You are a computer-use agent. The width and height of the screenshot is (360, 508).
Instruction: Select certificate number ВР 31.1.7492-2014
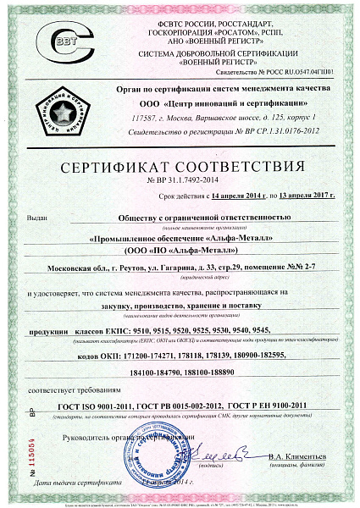click(x=180, y=179)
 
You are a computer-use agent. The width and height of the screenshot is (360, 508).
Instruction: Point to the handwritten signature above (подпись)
click(x=229, y=449)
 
